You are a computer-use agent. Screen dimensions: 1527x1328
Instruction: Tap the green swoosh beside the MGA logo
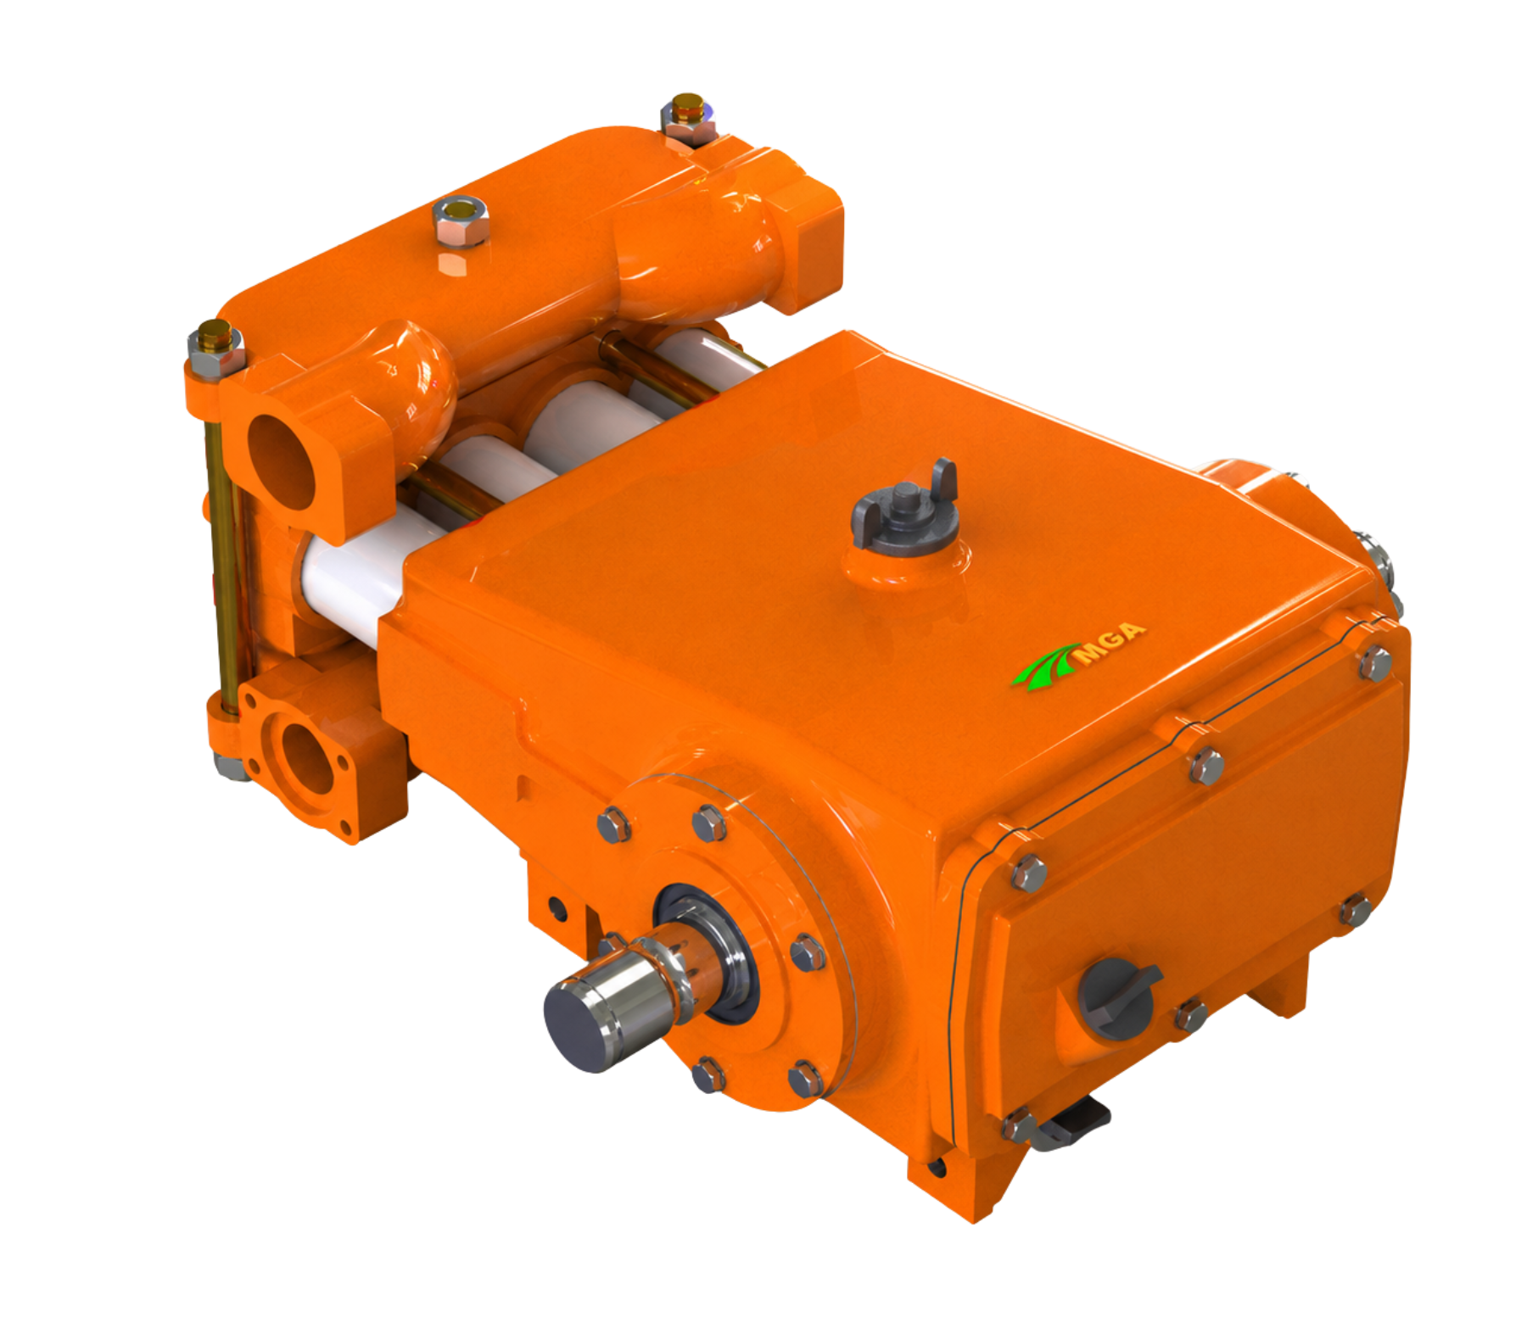point(1048,671)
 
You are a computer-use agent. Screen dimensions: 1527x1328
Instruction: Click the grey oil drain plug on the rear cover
point(1118,998)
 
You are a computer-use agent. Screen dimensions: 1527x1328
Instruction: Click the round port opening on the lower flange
point(306,758)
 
